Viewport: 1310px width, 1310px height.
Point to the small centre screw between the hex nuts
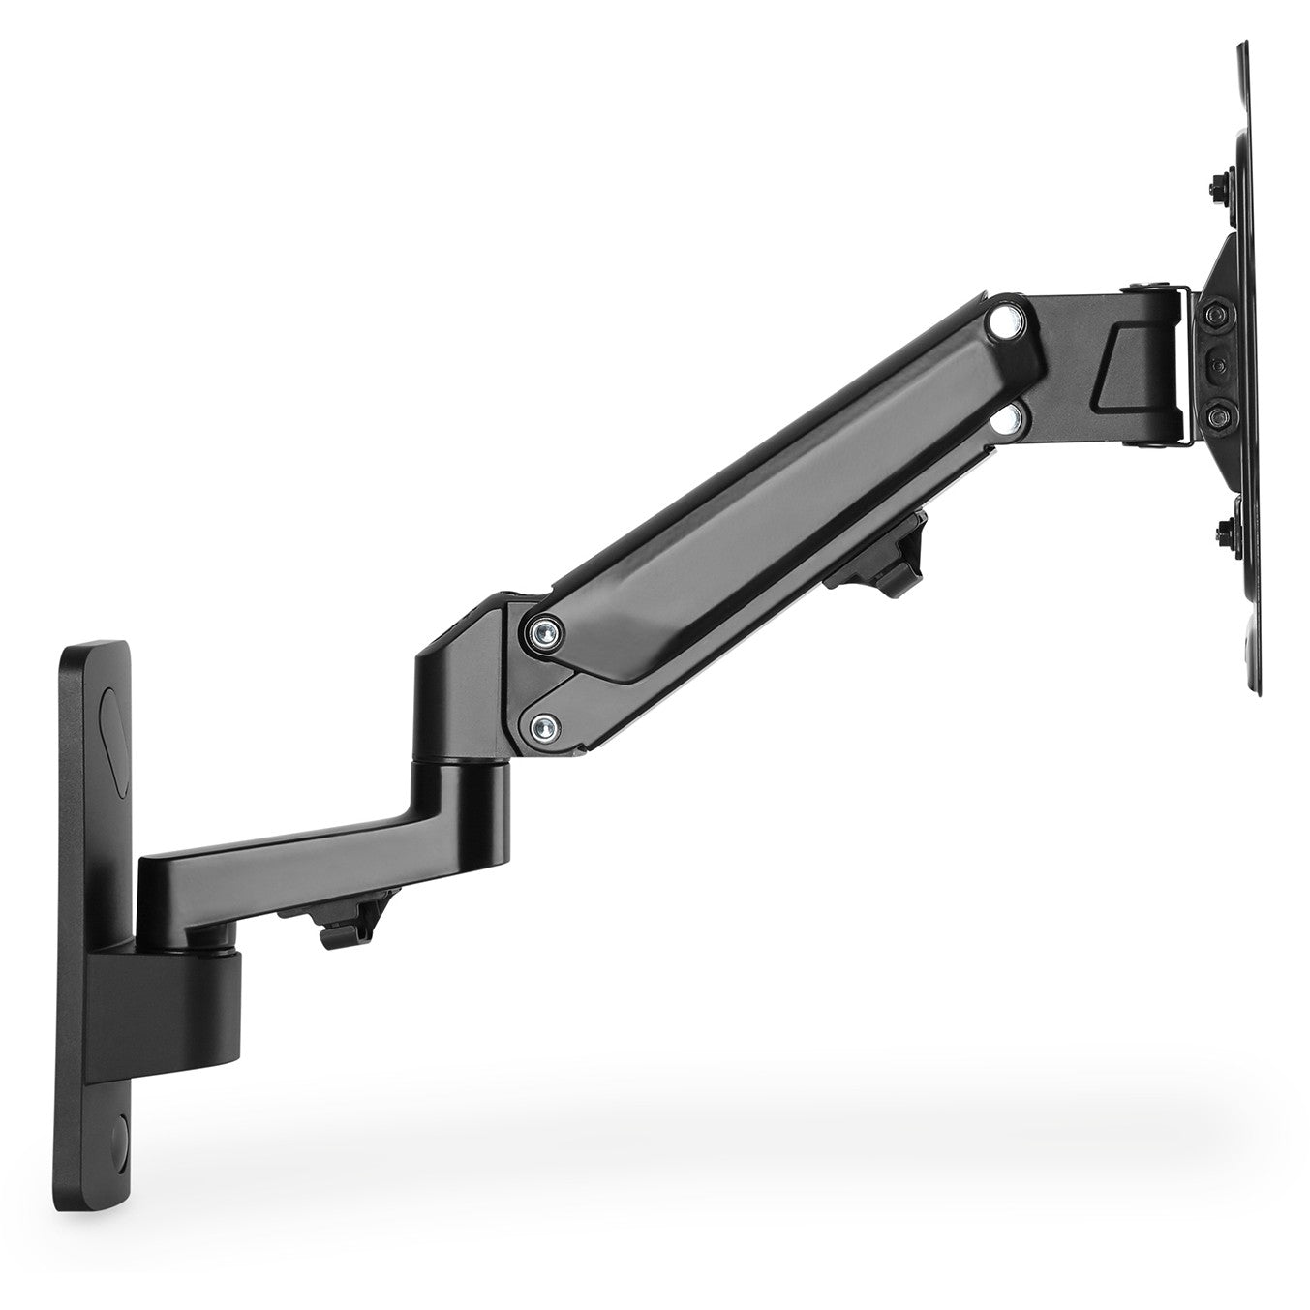pos(1217,367)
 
